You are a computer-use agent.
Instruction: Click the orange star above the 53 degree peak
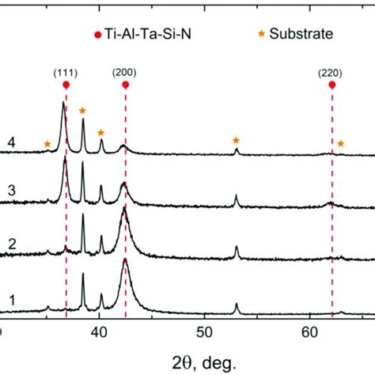point(236,140)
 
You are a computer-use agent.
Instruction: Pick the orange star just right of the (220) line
point(341,143)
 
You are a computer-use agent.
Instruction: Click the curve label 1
point(12,300)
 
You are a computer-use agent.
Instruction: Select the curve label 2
point(12,246)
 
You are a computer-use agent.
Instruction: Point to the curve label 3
point(12,191)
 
